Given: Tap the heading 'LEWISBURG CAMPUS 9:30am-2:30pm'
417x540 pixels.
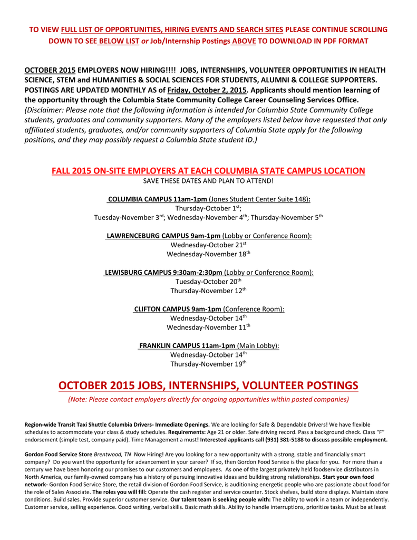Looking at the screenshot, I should click(163, 272).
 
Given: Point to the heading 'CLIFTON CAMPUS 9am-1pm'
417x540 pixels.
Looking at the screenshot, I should click(178, 308).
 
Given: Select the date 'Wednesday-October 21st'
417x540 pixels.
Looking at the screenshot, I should click(208, 245).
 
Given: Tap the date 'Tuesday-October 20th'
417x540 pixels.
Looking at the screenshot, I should click(208, 281).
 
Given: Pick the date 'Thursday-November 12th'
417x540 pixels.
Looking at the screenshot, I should click(208, 291).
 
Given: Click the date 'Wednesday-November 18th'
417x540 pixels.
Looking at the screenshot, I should click(208, 254).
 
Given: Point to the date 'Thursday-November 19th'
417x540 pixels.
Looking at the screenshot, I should click(208, 364).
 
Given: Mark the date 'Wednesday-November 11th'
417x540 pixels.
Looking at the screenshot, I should click(208, 327).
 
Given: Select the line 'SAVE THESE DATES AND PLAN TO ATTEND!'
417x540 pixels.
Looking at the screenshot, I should click(208, 181).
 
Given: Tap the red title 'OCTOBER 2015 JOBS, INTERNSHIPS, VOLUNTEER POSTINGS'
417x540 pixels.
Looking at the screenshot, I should click(208, 385).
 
